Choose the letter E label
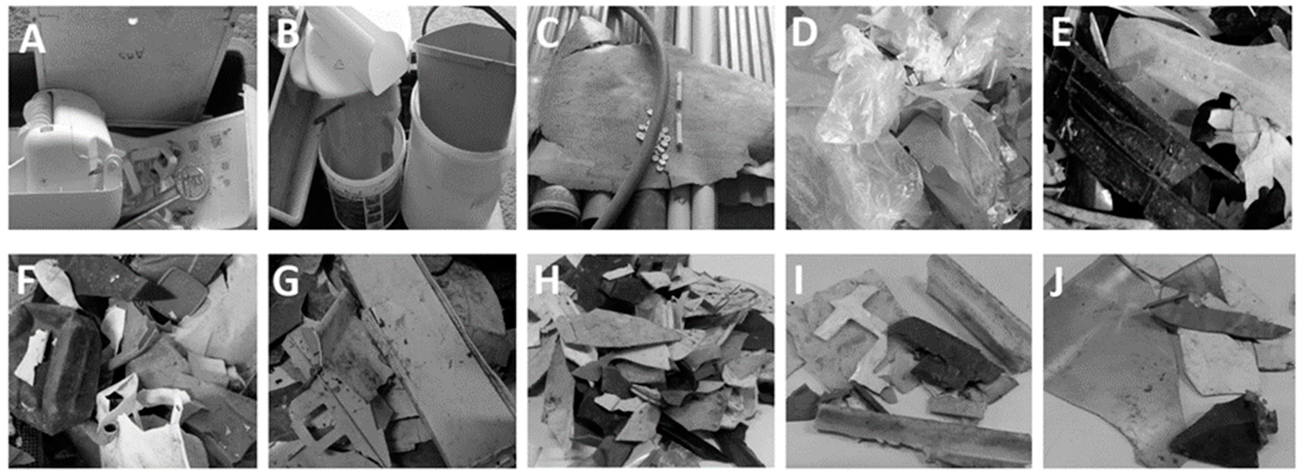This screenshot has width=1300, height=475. [x=1061, y=33]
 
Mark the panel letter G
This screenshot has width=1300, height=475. [x=286, y=283]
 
